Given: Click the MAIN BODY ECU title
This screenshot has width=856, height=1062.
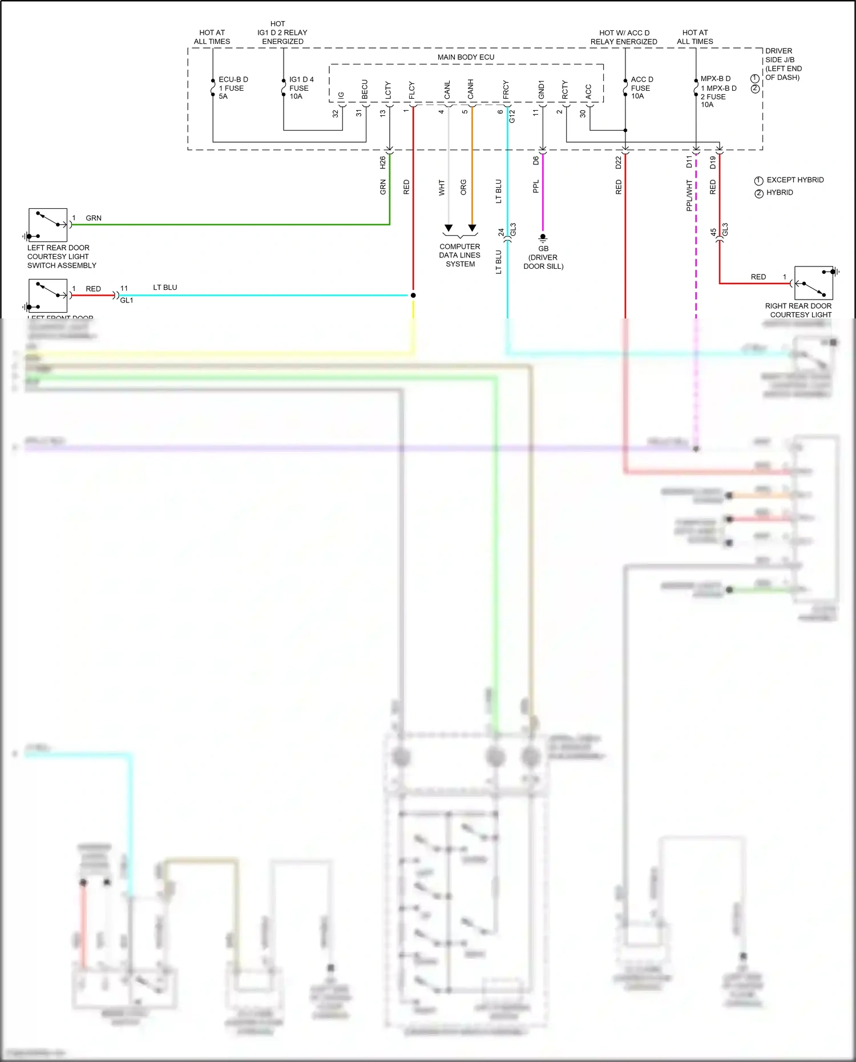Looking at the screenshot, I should (466, 57).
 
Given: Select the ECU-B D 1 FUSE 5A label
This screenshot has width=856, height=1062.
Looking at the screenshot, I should (233, 88).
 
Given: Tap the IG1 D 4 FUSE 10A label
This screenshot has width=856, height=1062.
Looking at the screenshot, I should (301, 88).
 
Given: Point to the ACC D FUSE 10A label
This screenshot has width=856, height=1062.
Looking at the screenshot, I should (641, 88).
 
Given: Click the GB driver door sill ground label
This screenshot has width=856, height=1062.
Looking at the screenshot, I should (543, 257).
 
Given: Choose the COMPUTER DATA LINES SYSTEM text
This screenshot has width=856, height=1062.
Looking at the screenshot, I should (460, 255).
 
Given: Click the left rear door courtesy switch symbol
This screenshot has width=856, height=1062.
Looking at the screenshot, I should (48, 225).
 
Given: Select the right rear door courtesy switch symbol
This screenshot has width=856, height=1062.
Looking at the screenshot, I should (813, 283).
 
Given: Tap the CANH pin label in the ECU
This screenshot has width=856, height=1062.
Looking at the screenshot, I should (471, 89).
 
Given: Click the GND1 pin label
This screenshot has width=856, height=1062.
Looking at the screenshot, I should (542, 89).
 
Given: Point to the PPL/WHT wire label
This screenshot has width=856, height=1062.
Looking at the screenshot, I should (689, 195).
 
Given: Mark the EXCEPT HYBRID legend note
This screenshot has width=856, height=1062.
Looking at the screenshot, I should (794, 180).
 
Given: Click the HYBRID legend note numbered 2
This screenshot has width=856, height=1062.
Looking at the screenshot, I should (779, 193).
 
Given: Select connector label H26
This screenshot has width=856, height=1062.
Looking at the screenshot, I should (383, 163).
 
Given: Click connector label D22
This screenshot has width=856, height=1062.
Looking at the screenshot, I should (619, 163).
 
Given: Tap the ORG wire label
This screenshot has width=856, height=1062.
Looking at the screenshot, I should (463, 187).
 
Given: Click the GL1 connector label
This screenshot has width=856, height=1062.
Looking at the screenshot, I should (127, 300).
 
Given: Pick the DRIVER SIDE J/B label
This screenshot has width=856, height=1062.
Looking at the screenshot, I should (782, 64).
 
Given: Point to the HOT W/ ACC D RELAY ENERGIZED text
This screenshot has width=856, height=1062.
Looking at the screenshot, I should (624, 37).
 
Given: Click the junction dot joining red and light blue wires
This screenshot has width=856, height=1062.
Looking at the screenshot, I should (413, 295).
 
